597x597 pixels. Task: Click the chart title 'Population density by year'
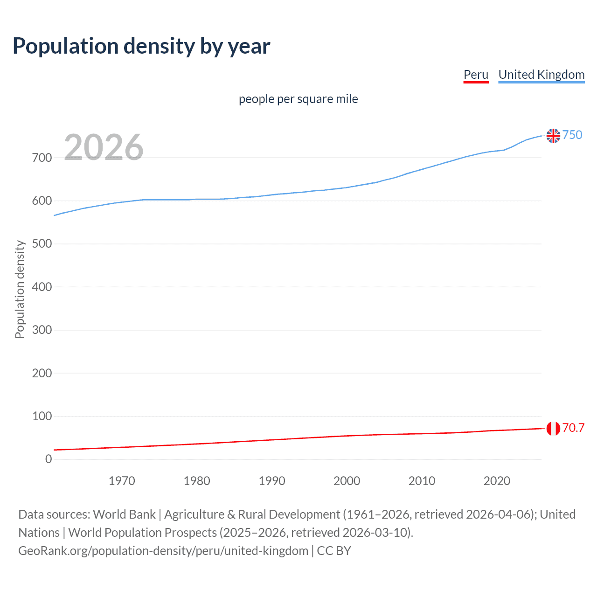(141, 46)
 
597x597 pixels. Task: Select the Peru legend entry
(476, 75)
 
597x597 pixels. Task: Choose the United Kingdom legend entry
(541, 75)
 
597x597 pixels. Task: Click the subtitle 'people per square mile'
(298, 99)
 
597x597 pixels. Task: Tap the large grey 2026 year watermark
(104, 147)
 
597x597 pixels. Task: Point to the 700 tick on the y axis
(42, 158)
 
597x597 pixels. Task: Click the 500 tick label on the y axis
(42, 244)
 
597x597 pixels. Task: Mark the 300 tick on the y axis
(42, 330)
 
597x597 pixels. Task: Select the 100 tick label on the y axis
(42, 416)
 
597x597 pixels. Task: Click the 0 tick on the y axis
(49, 459)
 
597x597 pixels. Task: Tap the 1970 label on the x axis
(122, 481)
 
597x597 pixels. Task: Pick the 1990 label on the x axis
(272, 481)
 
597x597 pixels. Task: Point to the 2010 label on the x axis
(422, 481)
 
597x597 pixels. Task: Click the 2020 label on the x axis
(497, 481)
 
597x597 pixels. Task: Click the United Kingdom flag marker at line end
(553, 136)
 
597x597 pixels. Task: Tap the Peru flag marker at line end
(553, 428)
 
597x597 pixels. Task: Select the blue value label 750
(572, 135)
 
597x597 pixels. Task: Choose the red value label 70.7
(573, 428)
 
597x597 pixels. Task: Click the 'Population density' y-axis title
(20, 289)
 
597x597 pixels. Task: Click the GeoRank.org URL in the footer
(163, 551)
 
